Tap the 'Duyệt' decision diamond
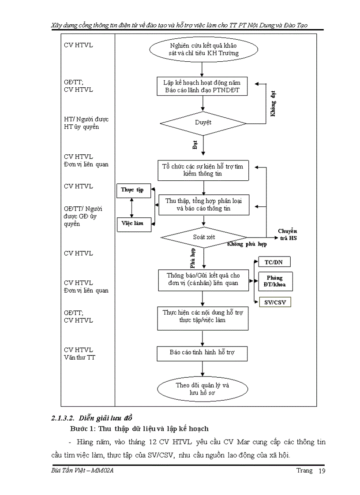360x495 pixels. click(203, 123)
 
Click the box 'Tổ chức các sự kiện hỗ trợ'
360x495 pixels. click(202, 170)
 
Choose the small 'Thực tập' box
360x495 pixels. click(133, 190)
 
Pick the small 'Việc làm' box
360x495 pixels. click(133, 224)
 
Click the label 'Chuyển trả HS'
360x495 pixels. click(288, 234)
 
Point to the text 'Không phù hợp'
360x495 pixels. click(247, 244)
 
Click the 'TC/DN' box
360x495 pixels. click(274, 262)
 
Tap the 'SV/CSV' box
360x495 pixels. click(274, 302)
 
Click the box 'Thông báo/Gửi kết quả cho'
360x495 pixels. click(202, 279)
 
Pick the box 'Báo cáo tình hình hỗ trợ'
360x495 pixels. click(202, 353)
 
